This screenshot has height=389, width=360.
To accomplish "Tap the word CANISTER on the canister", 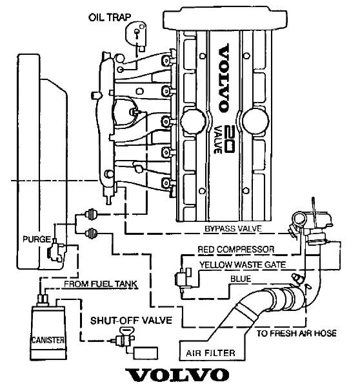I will pos(46,339).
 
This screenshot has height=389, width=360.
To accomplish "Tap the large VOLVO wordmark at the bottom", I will pos(177,376).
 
